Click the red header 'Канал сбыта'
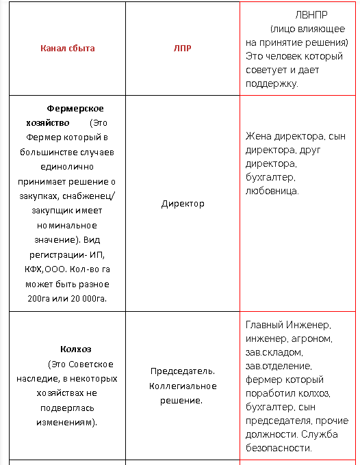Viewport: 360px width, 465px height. click(67, 48)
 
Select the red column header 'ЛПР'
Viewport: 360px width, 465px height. click(183, 48)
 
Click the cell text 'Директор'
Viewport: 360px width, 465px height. click(183, 204)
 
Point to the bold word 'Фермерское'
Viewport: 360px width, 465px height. click(75, 108)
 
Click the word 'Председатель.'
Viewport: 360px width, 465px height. click(183, 371)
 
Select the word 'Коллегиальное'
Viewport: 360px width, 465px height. click(183, 386)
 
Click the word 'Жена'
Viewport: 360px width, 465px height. click(258, 136)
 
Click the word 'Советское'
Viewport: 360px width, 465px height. click(92, 364)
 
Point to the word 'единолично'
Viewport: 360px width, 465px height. click(67, 166)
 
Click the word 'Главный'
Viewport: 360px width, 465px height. click(263, 325)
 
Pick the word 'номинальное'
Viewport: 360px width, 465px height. click(67, 225)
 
